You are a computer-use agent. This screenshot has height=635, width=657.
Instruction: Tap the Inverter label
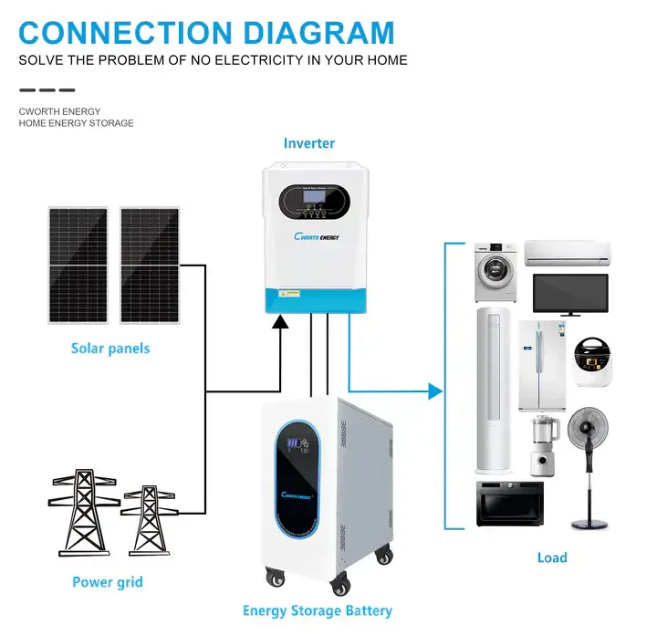(308, 143)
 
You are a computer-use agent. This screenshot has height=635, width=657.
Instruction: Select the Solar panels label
(110, 349)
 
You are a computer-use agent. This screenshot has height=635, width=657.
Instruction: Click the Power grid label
(108, 582)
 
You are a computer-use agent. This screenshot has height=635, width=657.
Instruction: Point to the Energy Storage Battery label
(317, 610)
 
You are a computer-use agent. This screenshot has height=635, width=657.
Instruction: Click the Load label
(552, 557)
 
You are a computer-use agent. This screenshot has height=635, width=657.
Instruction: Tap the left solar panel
(78, 264)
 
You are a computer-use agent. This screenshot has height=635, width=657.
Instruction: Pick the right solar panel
(150, 264)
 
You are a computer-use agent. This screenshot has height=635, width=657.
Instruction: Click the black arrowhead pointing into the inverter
(281, 320)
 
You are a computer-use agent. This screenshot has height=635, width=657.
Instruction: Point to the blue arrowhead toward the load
(434, 391)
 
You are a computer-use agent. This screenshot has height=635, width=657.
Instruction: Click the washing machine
(495, 272)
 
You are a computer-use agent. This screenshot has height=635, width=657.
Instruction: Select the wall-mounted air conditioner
(566, 251)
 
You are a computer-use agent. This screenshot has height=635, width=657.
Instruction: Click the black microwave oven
(510, 504)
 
